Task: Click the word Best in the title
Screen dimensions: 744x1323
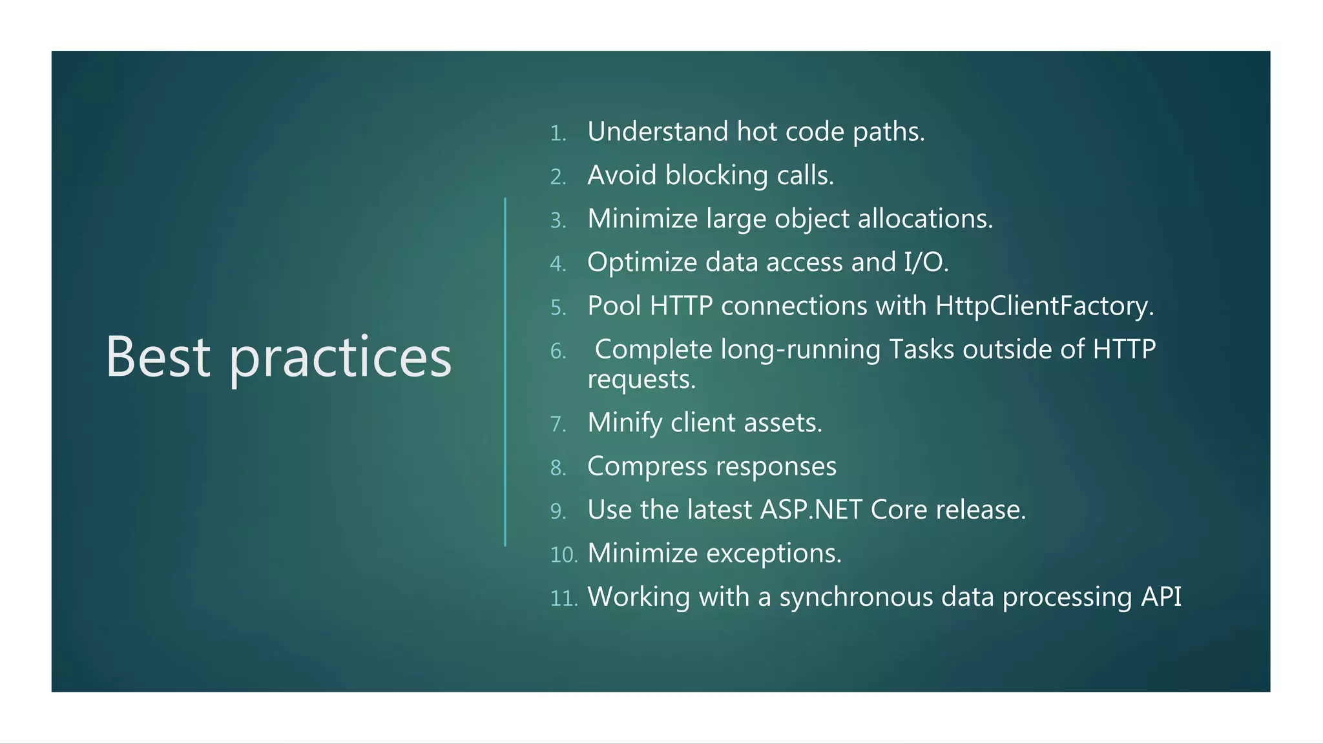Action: (158, 356)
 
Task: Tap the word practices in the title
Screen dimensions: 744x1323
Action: (340, 359)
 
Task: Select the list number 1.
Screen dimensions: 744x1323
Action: (557, 134)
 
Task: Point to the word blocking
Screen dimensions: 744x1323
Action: (716, 176)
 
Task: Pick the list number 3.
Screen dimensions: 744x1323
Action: (558, 221)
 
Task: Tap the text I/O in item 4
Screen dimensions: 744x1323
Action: (926, 262)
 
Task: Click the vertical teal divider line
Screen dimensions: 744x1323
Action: (505, 372)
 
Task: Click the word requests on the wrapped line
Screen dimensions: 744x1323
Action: (641, 379)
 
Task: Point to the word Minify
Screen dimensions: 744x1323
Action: (625, 423)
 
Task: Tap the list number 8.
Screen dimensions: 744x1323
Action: (558, 468)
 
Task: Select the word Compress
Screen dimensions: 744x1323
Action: (647, 467)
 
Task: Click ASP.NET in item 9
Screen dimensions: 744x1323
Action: (811, 510)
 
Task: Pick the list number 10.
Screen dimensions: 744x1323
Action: (563, 555)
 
